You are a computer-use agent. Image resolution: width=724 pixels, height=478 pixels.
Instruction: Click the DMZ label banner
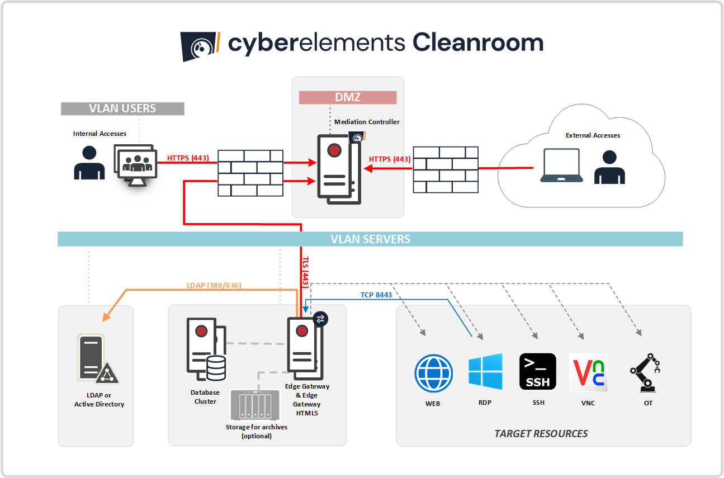(x=347, y=97)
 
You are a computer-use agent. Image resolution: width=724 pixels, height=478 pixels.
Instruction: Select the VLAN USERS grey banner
(x=122, y=108)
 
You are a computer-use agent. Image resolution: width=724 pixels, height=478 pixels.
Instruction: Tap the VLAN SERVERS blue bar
(x=370, y=239)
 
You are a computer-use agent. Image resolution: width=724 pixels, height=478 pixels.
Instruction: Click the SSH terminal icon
(x=538, y=372)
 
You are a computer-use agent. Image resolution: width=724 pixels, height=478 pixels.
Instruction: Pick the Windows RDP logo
(x=485, y=372)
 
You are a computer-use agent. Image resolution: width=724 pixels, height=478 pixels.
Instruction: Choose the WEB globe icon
(x=433, y=373)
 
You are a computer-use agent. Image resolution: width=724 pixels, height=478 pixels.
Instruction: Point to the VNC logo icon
(x=588, y=372)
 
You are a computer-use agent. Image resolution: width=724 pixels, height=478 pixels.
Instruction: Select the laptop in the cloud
(x=561, y=167)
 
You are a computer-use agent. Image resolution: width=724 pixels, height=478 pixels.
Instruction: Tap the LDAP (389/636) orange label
(x=214, y=285)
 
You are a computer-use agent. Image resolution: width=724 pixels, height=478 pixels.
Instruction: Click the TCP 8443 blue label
(x=376, y=295)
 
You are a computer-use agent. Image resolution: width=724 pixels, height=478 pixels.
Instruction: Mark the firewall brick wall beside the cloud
(x=446, y=169)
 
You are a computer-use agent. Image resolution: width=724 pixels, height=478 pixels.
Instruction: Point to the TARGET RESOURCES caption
(x=541, y=433)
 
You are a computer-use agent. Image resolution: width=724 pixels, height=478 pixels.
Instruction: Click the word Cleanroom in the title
(x=477, y=43)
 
